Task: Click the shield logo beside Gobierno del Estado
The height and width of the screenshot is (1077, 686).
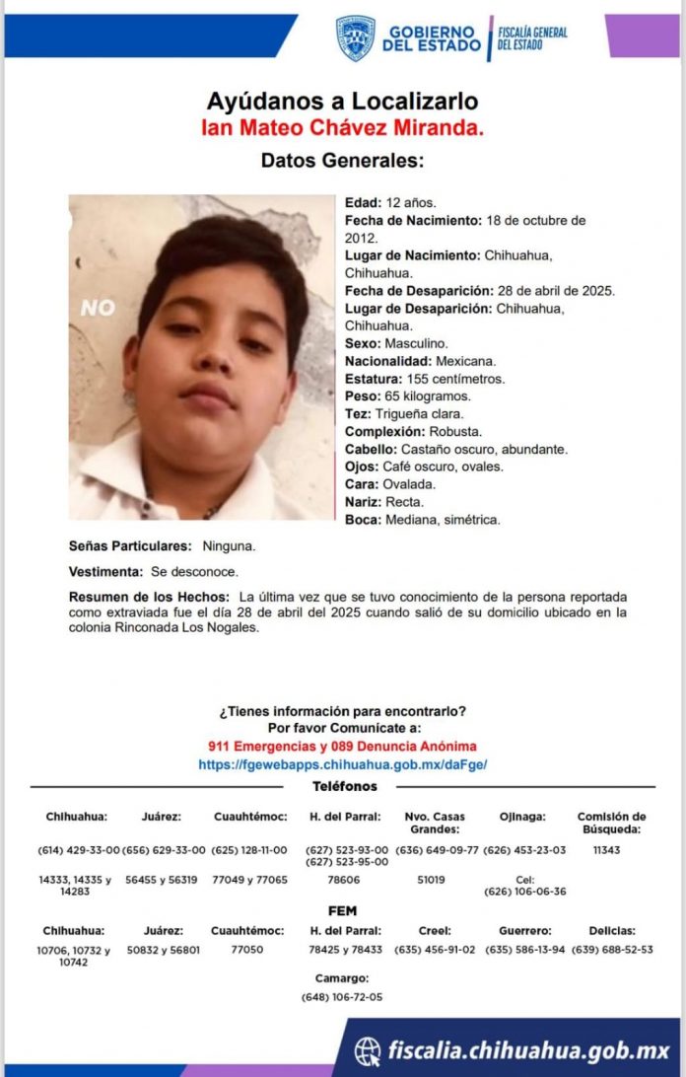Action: [x=355, y=37]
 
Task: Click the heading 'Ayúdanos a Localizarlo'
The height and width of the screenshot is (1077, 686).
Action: [x=342, y=101]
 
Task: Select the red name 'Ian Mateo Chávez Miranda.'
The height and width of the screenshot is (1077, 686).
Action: [x=342, y=127]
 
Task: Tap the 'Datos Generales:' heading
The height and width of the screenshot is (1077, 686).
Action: [x=342, y=160]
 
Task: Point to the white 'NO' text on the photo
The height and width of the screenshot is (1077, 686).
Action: [x=98, y=308]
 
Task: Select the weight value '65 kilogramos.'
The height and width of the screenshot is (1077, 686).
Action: [x=429, y=396]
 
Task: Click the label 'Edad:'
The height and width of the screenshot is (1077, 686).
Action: [x=362, y=203]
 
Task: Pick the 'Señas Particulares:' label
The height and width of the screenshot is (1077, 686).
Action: [x=130, y=545]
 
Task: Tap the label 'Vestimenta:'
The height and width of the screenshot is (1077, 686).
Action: [x=105, y=572]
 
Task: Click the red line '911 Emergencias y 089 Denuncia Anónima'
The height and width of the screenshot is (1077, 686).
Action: [x=342, y=746]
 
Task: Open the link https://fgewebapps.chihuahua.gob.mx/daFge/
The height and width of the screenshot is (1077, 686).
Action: [x=342, y=764]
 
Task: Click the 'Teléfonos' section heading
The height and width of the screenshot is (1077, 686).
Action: [x=344, y=786]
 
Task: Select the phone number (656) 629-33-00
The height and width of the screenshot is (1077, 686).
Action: [x=164, y=850]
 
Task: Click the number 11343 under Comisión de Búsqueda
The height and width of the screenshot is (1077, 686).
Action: [x=607, y=850]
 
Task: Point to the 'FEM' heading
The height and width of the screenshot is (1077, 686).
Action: [x=342, y=911]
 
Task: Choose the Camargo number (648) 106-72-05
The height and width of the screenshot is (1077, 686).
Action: [x=342, y=997]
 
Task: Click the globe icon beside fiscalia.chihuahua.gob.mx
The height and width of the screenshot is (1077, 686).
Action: [x=368, y=1051]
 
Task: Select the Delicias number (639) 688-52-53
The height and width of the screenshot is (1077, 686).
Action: [x=612, y=950]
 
